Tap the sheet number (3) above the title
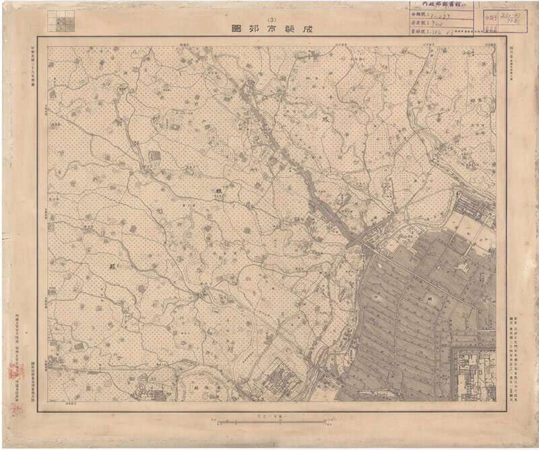click(272, 18)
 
